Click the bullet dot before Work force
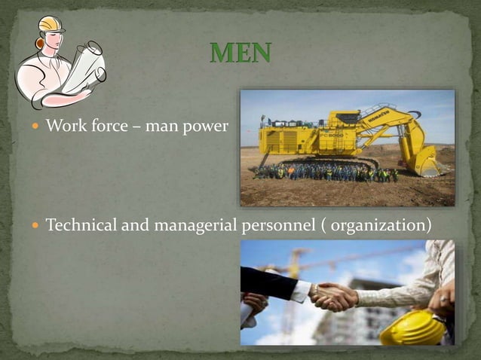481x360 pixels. point(36,126)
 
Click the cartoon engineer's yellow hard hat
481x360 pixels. point(51,25)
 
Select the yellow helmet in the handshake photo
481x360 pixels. point(412,328)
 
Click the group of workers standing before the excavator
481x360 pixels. point(324,173)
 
